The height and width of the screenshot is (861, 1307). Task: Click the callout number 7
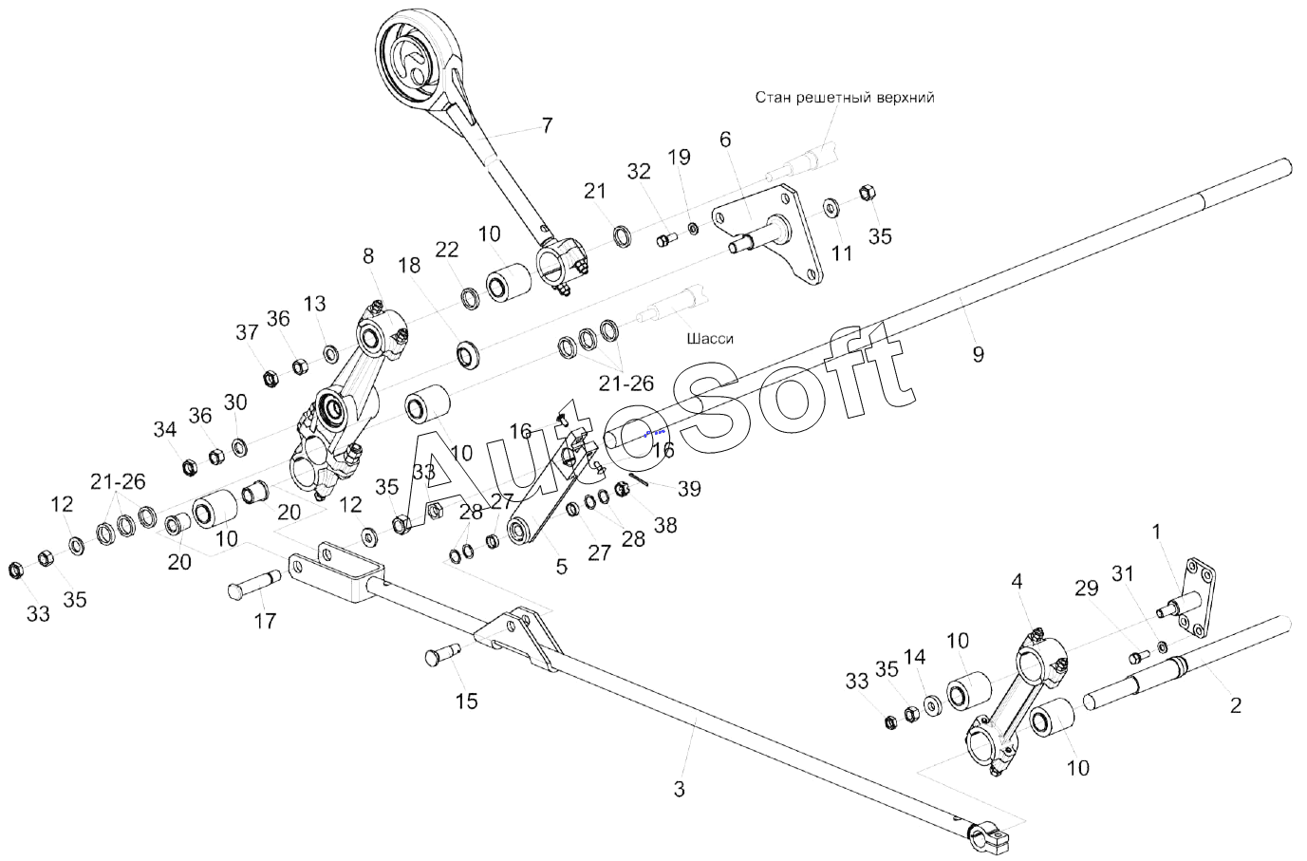(x=547, y=124)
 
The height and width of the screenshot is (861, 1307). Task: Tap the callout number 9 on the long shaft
(x=978, y=354)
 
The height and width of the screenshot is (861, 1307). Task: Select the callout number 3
(x=679, y=789)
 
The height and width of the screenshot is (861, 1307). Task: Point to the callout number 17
(x=265, y=621)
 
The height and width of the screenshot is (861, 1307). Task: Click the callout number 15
(x=466, y=702)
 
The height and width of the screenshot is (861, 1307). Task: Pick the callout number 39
(x=689, y=488)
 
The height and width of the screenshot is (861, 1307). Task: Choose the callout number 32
(x=639, y=172)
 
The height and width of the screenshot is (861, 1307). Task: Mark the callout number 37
(x=247, y=332)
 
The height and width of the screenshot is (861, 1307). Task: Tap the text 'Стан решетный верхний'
(x=845, y=97)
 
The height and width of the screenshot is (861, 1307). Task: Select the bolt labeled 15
(x=440, y=654)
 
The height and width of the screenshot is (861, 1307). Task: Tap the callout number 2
(x=1235, y=705)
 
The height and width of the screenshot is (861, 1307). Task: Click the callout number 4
(x=1017, y=581)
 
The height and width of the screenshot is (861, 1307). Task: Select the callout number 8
(x=368, y=255)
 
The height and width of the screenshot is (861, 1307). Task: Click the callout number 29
(x=1086, y=590)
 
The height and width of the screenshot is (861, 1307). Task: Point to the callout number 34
(x=165, y=429)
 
